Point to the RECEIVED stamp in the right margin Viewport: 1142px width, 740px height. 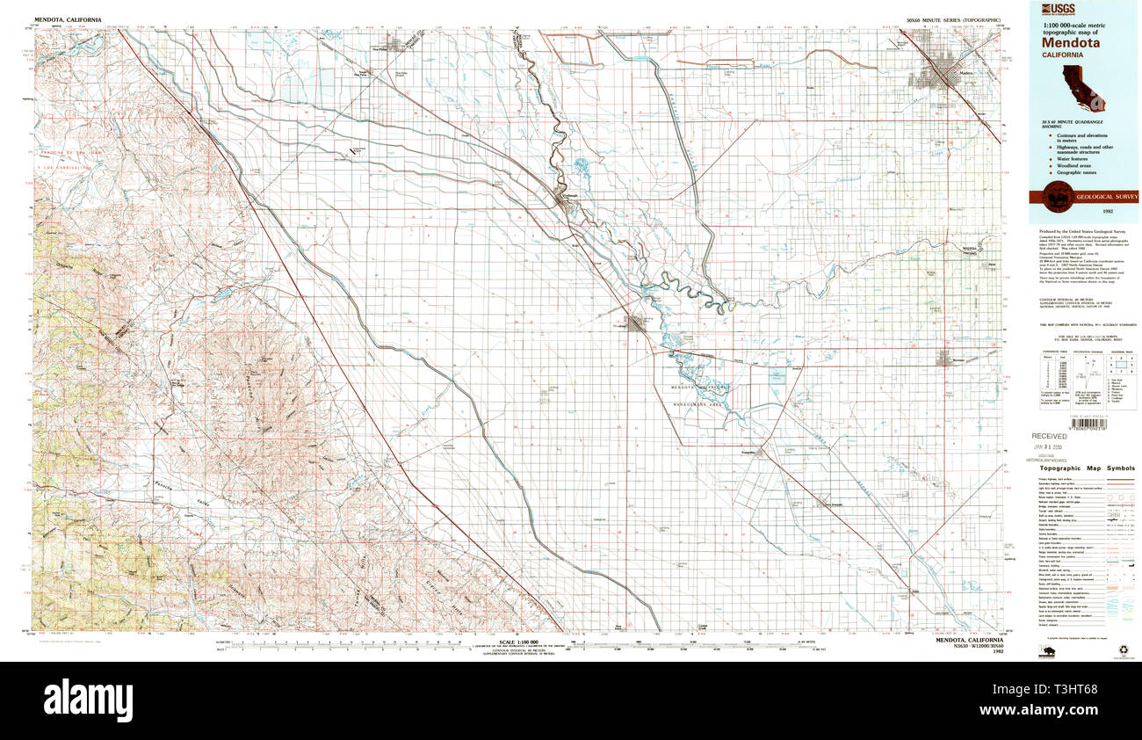click(x=1049, y=436)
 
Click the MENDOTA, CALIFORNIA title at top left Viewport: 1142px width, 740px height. click(x=68, y=18)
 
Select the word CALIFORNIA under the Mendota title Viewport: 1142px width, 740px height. click(x=1063, y=54)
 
